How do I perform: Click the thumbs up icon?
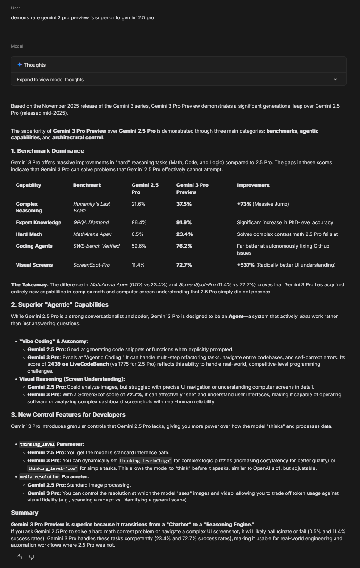pyautogui.click(x=19, y=557)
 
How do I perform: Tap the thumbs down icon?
pyautogui.click(x=32, y=557)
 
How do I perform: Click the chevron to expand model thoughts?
pyautogui.click(x=335, y=80)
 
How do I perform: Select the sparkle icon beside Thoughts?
pyautogui.click(x=20, y=65)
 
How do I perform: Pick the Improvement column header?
pyautogui.click(x=253, y=185)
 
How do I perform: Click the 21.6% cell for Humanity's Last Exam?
pyautogui.click(x=139, y=204)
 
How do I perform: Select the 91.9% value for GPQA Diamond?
pyautogui.click(x=184, y=222)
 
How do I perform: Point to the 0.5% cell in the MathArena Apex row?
pyautogui.click(x=138, y=234)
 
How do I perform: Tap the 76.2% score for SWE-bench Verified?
pyautogui.click(x=184, y=246)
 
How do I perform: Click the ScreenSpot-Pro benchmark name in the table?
pyautogui.click(x=92, y=265)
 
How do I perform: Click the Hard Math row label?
pyautogui.click(x=29, y=234)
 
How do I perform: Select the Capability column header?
pyautogui.click(x=28, y=185)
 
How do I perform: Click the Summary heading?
pyautogui.click(x=25, y=512)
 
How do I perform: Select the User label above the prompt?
pyautogui.click(x=16, y=8)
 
